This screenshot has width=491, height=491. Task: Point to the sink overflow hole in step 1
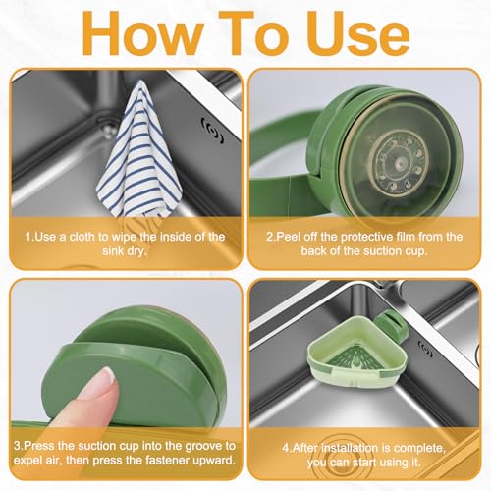(213, 132)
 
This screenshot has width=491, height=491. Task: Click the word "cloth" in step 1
(84, 237)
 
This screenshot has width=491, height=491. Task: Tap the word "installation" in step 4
(355, 448)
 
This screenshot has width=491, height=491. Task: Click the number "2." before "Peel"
(271, 237)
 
